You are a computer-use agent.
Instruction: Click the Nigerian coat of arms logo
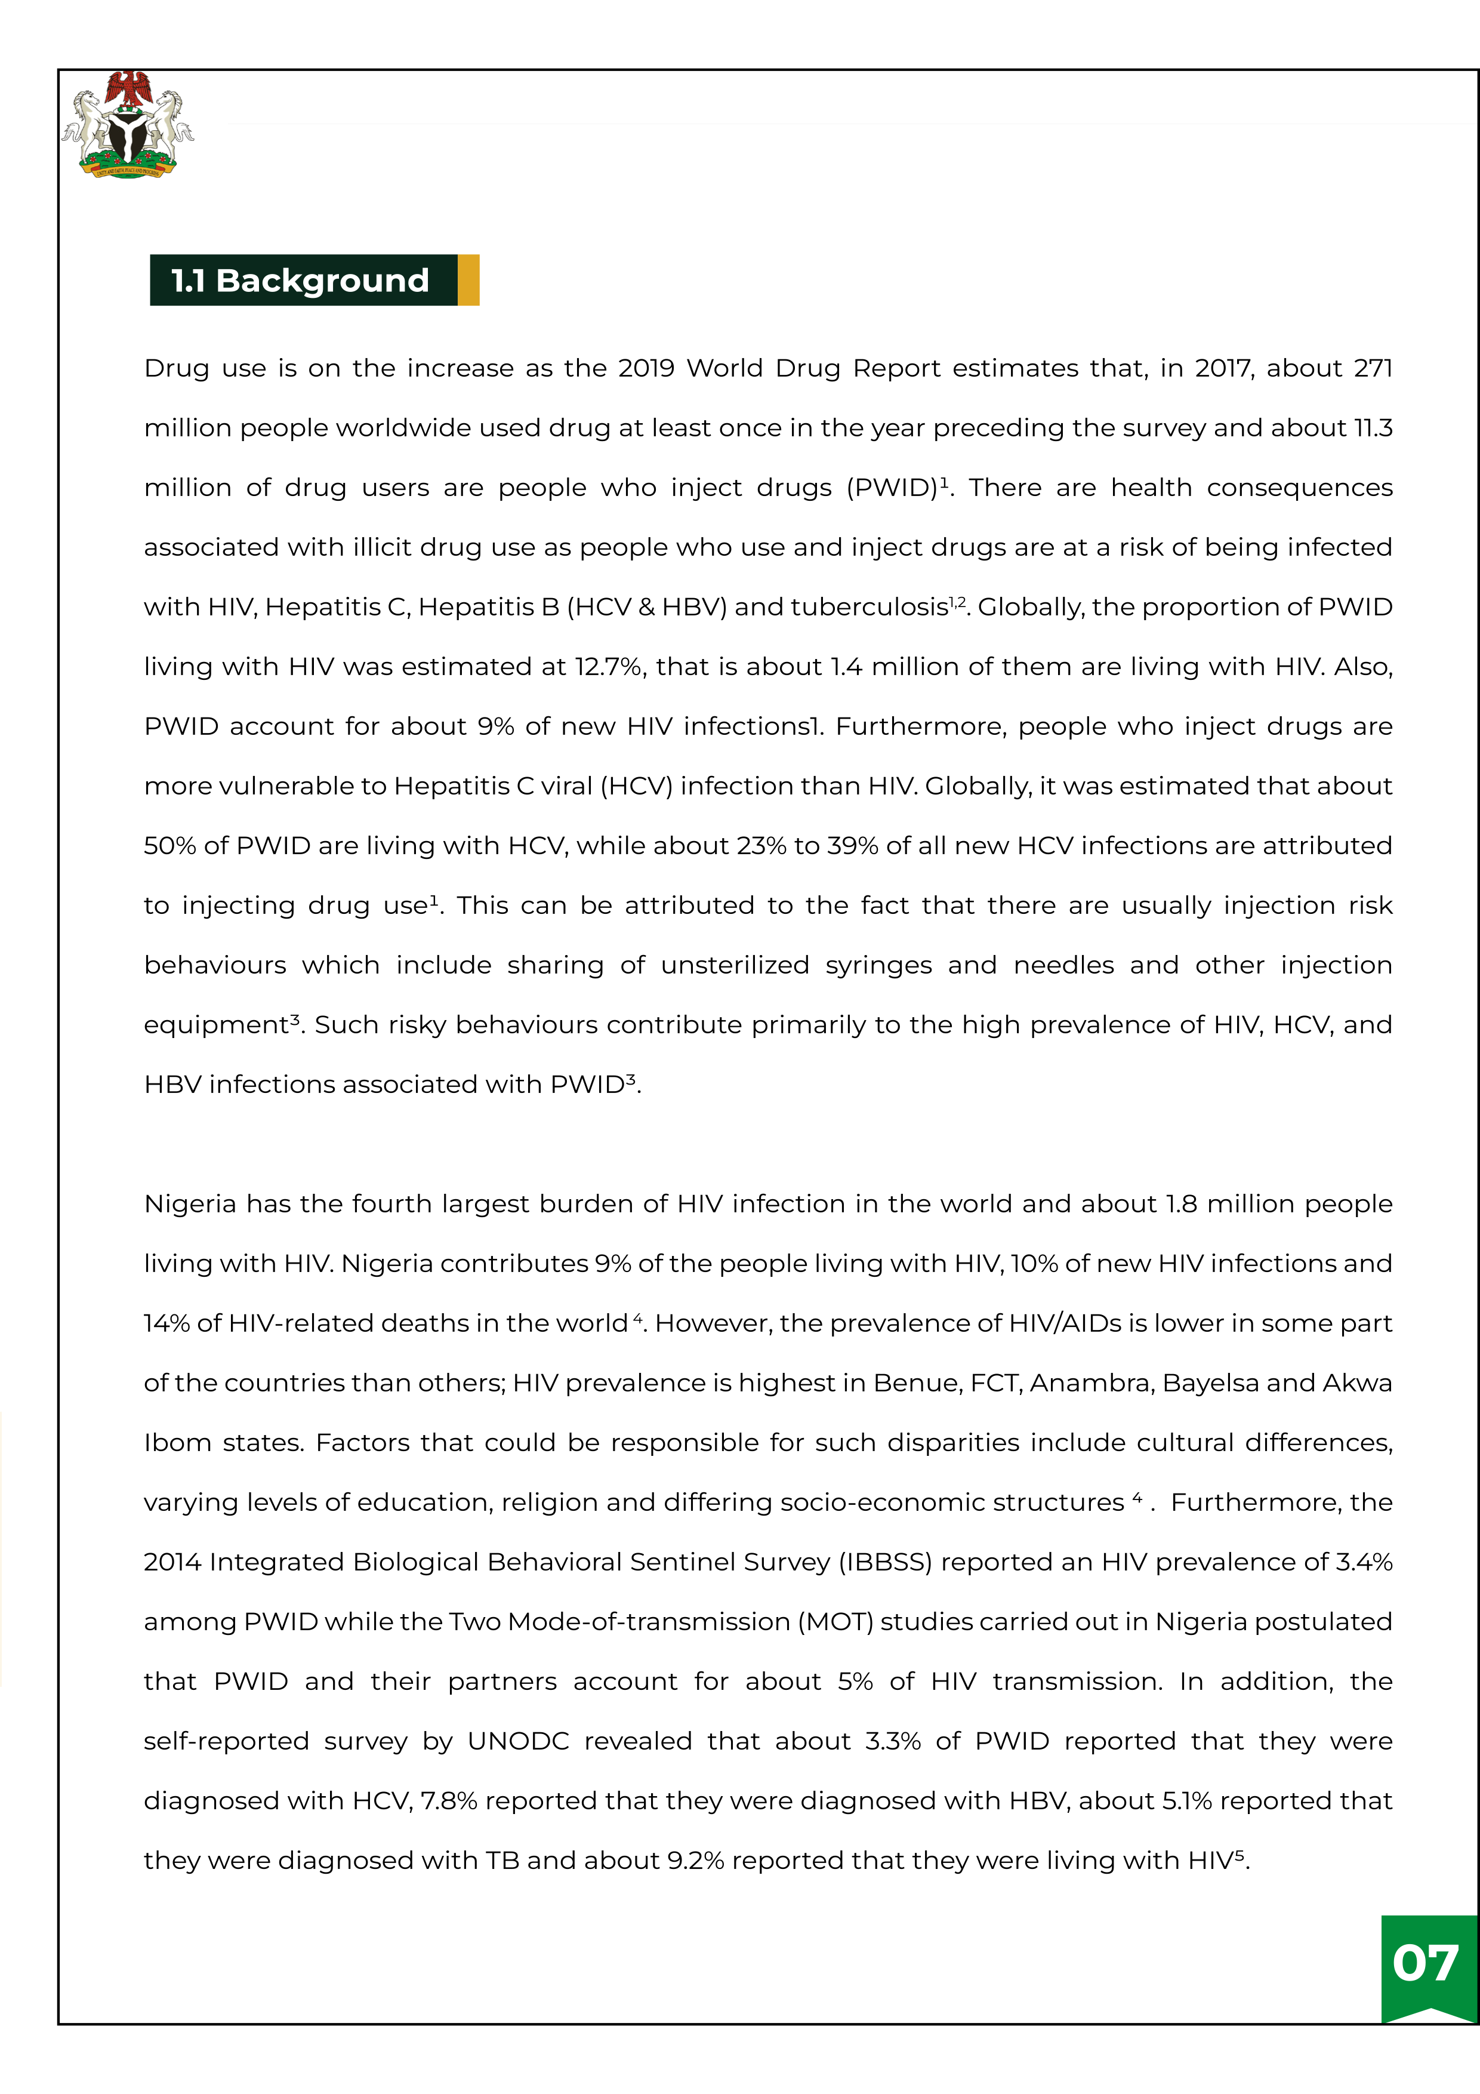[128, 125]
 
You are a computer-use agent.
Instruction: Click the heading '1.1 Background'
[300, 280]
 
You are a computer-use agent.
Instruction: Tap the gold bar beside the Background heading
[468, 280]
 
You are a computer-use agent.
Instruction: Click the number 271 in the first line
[1373, 368]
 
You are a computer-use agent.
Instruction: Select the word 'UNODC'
[518, 1741]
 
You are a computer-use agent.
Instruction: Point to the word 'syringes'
[878, 966]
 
